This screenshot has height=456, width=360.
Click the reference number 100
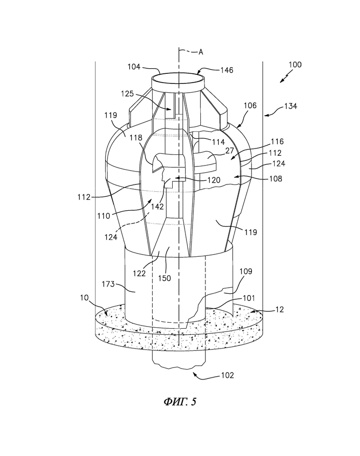point(295,65)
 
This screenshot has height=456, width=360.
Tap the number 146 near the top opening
point(227,70)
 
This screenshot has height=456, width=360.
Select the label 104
point(134,67)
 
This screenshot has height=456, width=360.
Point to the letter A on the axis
point(201,52)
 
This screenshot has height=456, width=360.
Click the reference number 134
point(290,107)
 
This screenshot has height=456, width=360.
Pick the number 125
point(127,94)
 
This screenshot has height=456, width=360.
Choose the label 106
point(250,105)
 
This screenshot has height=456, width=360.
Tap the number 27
point(230,150)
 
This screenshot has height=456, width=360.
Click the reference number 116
point(277,142)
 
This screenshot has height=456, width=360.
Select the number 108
point(276,178)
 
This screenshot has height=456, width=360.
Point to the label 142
point(157,207)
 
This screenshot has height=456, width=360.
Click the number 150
point(164,278)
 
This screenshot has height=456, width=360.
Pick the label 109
point(246,271)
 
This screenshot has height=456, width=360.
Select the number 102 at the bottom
point(227,375)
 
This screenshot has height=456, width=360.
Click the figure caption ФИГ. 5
point(180,402)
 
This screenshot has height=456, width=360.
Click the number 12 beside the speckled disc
point(279,309)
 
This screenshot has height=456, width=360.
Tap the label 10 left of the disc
point(84,298)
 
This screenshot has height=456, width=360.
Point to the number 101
point(248,298)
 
